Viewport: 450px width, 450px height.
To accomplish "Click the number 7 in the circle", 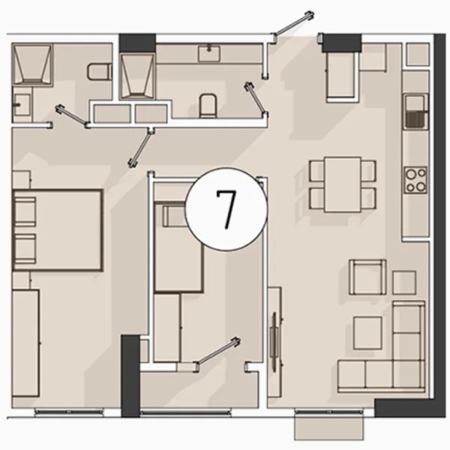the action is [x=226, y=209].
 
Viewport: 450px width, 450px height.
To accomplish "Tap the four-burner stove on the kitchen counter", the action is [x=415, y=180].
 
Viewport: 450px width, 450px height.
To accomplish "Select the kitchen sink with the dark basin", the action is [x=415, y=112].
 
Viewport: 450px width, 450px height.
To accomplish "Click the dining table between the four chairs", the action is [x=343, y=184].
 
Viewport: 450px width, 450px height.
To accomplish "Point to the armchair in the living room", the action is [x=367, y=277].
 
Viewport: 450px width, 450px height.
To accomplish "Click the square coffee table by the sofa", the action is [x=367, y=332].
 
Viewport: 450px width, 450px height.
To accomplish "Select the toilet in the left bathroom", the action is [x=100, y=71].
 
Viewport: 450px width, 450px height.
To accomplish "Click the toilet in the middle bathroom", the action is [x=208, y=105].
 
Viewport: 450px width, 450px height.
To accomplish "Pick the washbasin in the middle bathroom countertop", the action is [x=209, y=53].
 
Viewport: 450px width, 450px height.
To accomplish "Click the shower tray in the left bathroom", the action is [x=32, y=64].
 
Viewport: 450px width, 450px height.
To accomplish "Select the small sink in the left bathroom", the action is [x=22, y=104].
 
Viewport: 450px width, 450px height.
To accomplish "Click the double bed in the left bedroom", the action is [x=58, y=230].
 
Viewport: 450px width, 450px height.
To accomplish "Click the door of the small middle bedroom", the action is [x=217, y=354].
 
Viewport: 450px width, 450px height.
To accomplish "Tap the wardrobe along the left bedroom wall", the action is [x=25, y=343].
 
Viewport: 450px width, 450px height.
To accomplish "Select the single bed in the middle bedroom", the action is [x=178, y=247].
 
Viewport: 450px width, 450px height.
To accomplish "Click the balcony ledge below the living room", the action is [x=329, y=427].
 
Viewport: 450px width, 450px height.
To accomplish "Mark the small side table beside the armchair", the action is [x=404, y=283].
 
